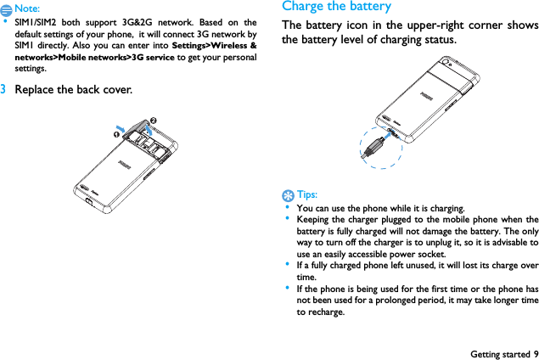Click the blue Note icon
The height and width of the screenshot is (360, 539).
pos(7,8)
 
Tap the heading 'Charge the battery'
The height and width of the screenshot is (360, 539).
pos(337,7)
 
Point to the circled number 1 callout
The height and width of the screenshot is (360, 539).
pos(109,134)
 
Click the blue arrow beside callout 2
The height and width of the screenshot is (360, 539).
pos(148,129)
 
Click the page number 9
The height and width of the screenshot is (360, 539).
pos(535,353)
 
